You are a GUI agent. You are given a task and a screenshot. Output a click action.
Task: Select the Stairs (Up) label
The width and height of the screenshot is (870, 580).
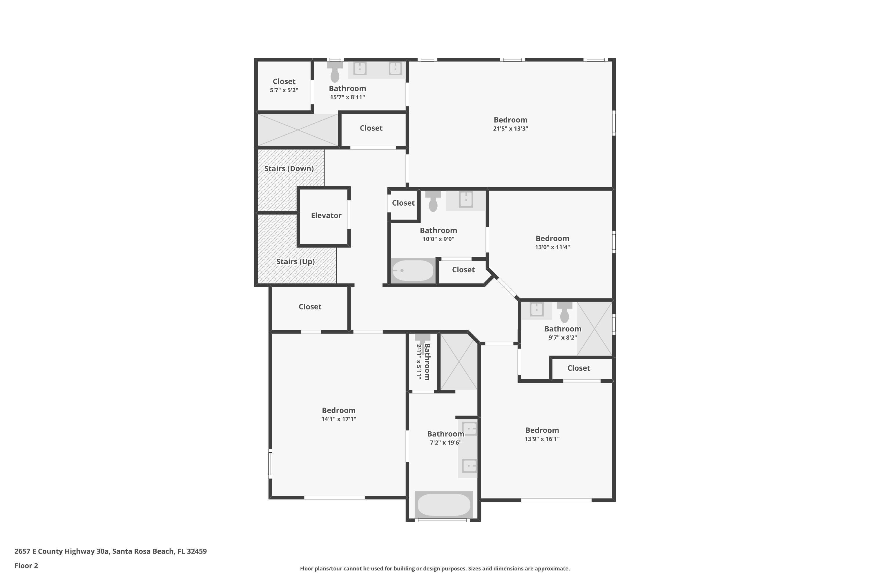pyautogui.click(x=295, y=262)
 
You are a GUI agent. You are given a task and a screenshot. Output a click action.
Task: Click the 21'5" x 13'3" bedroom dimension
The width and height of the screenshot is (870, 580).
pyautogui.click(x=510, y=129)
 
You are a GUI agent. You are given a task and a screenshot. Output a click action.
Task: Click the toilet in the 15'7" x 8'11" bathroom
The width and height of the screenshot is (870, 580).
pyautogui.click(x=335, y=72)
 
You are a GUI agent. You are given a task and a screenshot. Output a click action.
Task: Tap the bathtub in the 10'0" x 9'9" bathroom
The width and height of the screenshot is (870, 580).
pyautogui.click(x=412, y=270)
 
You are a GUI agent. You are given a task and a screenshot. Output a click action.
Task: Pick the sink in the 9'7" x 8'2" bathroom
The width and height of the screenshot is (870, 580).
pyautogui.click(x=536, y=309)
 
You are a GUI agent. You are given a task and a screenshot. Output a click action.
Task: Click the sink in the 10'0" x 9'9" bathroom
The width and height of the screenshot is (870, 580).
pyautogui.click(x=466, y=200)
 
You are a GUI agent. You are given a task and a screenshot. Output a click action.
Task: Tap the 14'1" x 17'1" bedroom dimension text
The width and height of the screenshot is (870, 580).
pyautogui.click(x=338, y=419)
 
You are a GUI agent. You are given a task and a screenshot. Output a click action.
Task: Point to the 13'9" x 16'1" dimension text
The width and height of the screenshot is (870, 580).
pyautogui.click(x=542, y=439)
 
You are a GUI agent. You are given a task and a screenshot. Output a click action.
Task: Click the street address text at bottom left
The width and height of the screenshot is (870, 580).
pyautogui.click(x=110, y=551)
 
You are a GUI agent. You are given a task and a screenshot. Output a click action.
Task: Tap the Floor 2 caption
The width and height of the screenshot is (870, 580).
pyautogui.click(x=26, y=565)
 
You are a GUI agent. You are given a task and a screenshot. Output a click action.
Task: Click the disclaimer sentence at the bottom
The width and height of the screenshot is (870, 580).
pyautogui.click(x=435, y=568)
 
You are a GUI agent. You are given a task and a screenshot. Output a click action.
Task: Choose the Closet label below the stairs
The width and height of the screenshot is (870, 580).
pyautogui.click(x=310, y=307)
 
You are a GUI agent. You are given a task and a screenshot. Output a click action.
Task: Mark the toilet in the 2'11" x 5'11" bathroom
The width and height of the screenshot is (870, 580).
pyautogui.click(x=422, y=341)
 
